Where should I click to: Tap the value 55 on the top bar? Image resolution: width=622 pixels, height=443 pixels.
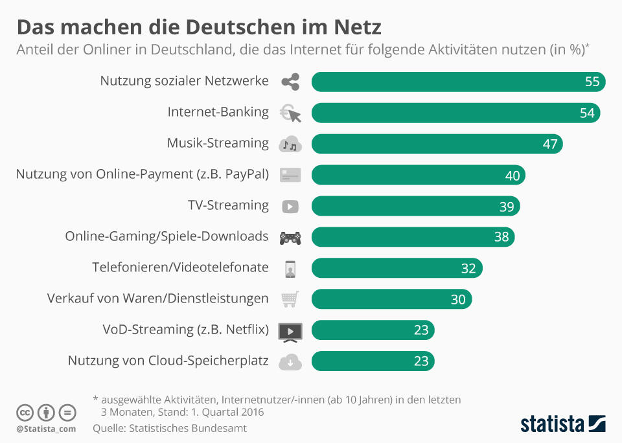(592, 82)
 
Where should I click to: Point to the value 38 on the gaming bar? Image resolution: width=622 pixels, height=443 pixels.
(501, 237)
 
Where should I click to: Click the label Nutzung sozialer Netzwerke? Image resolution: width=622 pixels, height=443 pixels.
(184, 81)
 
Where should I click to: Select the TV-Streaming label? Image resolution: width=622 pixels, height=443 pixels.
(228, 205)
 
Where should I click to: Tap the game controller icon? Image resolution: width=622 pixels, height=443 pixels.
(290, 238)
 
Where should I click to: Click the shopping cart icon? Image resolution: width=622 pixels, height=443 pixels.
(290, 299)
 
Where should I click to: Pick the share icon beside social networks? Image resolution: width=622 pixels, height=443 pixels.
(290, 82)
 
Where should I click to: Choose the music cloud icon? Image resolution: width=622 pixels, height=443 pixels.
(290, 144)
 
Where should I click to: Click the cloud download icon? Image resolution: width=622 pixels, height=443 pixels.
(290, 361)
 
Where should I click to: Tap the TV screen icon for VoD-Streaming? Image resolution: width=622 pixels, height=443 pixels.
(290, 331)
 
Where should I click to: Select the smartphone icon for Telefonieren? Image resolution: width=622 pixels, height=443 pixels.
(290, 268)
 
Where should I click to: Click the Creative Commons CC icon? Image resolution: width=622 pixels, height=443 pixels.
(25, 412)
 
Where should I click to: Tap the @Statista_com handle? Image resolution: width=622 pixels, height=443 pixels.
(46, 429)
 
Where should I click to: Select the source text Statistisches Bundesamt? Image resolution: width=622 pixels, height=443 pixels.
(188, 428)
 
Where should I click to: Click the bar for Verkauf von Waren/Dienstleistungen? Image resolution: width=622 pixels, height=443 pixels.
(391, 299)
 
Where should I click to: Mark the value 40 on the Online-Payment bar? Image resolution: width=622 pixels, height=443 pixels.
(512, 176)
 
